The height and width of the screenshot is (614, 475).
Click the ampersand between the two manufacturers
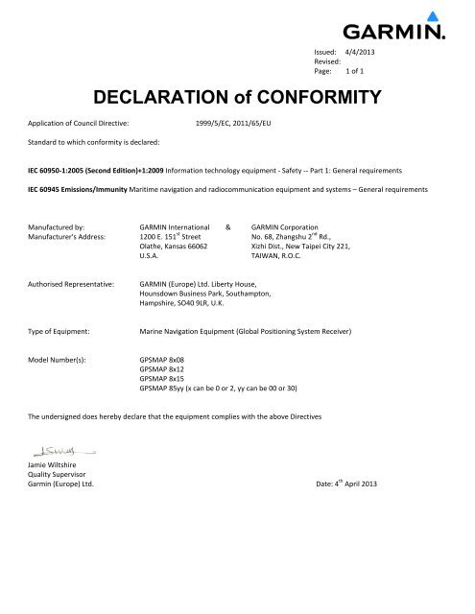[x=227, y=226]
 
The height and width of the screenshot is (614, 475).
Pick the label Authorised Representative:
[x=72, y=285]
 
